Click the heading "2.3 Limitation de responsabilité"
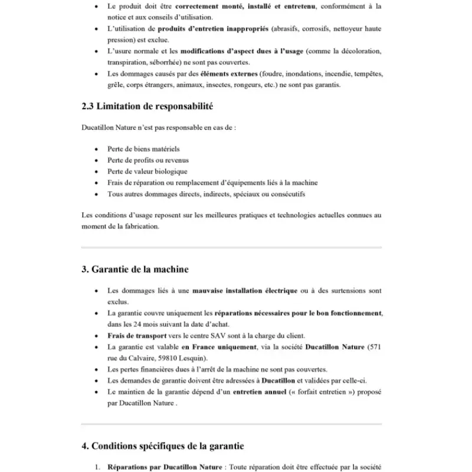(147, 107)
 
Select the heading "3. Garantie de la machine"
(135, 269)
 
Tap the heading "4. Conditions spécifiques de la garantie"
(162, 446)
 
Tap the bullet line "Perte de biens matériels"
(143, 149)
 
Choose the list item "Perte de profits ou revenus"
(147, 160)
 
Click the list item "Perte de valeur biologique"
(147, 172)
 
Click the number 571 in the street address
(374, 347)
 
